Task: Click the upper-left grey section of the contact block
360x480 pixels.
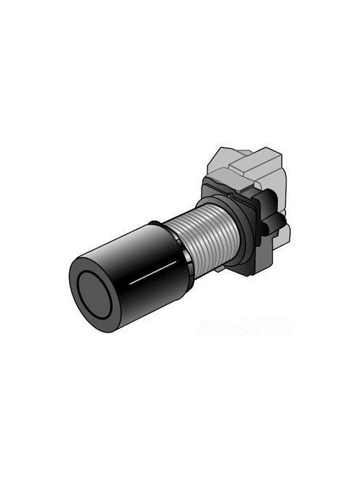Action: point(224,158)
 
